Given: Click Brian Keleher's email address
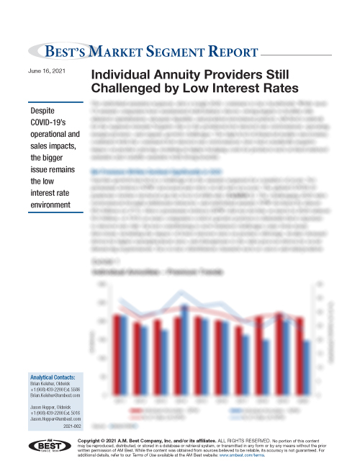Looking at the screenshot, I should point(52,395).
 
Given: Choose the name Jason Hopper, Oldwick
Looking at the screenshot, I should point(48,407).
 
